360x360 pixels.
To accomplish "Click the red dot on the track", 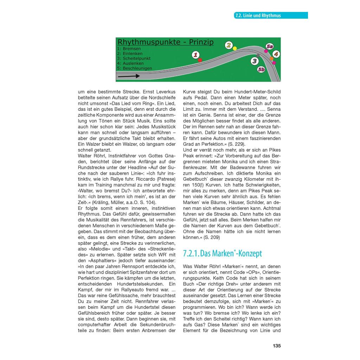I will (200, 60).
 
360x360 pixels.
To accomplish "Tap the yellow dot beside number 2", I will (235, 48).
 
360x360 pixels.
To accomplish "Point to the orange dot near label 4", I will (271, 59).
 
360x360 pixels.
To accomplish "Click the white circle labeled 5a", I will (270, 46).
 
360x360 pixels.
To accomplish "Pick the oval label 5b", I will (261, 70).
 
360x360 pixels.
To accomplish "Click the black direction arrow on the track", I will (129, 76).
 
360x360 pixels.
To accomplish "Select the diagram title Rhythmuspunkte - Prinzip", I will (166, 42).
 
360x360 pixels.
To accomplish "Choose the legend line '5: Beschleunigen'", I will (135, 68).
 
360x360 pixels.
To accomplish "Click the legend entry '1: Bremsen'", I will (129, 49).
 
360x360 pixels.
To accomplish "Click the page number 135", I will (277, 346).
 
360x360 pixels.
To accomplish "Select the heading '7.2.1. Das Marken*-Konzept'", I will (223, 253).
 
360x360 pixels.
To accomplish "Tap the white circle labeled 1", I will (196, 54).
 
